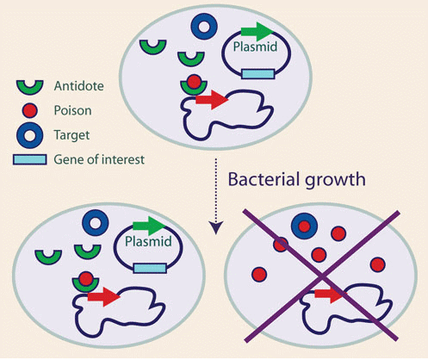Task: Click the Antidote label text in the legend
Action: [x=79, y=86]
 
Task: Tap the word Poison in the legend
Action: [x=72, y=110]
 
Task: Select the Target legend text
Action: [x=71, y=135]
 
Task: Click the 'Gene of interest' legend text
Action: [x=99, y=159]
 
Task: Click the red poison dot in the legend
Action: [x=30, y=110]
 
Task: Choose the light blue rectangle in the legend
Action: [x=30, y=159]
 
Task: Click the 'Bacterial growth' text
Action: [x=296, y=180]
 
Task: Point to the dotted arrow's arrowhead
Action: [x=216, y=227]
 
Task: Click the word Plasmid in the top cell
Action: [x=255, y=47]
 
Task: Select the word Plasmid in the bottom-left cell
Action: [x=148, y=241]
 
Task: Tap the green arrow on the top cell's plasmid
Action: [x=257, y=32]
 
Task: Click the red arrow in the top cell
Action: [x=212, y=100]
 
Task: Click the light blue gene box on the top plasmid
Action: [x=258, y=74]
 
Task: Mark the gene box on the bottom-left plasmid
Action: [x=150, y=268]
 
